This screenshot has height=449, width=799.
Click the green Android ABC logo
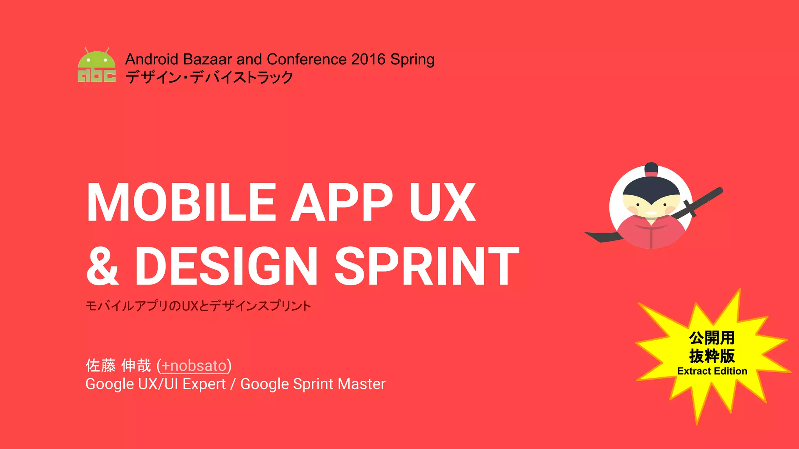click(96, 65)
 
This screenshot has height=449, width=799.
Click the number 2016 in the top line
click(368, 59)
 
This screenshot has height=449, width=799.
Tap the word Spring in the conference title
click(412, 60)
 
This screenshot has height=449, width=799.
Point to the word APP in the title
click(343, 203)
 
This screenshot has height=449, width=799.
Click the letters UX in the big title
click(442, 203)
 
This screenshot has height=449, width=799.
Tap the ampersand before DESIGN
click(102, 266)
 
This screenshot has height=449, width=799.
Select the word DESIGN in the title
click(226, 266)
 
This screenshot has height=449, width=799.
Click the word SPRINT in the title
click(427, 266)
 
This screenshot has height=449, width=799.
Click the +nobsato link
click(194, 366)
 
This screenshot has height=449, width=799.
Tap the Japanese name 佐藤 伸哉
click(118, 366)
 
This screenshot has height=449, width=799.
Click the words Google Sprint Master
click(313, 384)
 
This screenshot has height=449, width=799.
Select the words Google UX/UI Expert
click(155, 384)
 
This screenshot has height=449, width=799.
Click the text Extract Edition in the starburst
click(712, 371)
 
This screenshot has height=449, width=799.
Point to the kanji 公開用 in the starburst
click(712, 338)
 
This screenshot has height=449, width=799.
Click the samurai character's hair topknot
click(651, 169)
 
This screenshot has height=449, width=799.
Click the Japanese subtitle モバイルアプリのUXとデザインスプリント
click(198, 306)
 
